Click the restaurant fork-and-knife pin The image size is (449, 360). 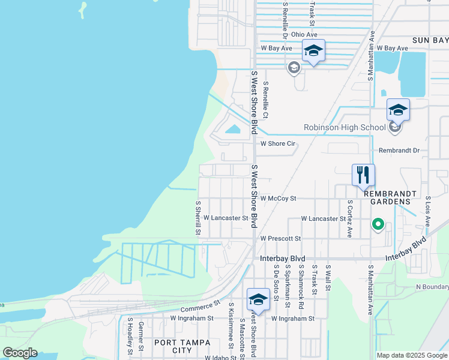[x=363, y=175]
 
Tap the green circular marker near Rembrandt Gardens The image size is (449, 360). [x=378, y=225]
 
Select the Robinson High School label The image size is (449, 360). [x=345, y=127]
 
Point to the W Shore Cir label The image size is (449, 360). [x=278, y=144]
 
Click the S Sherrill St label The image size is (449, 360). [x=197, y=217]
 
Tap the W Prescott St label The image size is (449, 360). [x=280, y=238]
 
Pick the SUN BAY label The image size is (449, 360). [x=430, y=40]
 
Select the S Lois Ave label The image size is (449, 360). [x=428, y=211]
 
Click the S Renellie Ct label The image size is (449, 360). [x=265, y=100]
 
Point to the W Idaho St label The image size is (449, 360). [x=220, y=358]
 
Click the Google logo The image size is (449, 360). [x=20, y=353]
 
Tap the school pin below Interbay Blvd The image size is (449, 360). [x=258, y=299]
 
